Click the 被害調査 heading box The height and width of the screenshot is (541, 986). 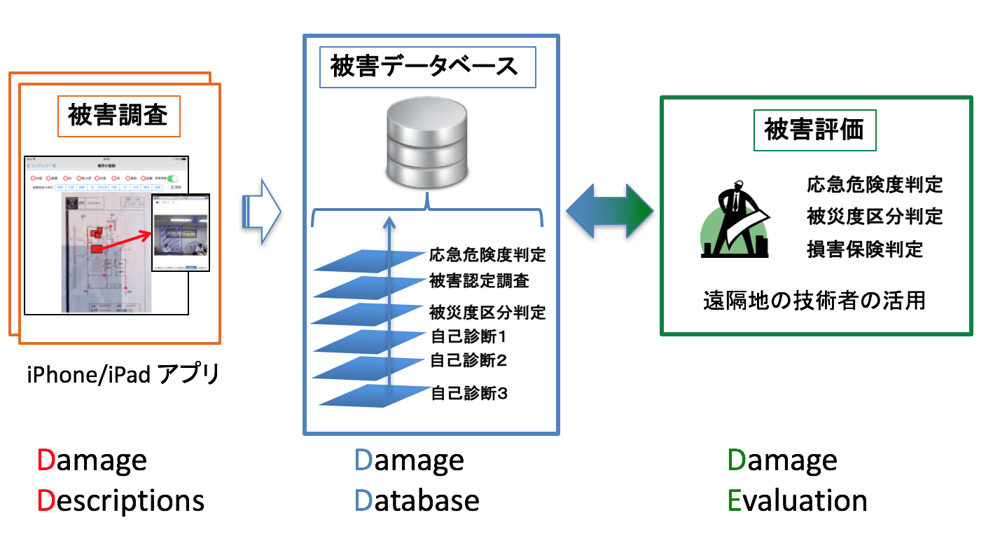[118, 116]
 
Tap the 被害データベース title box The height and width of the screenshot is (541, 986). [427, 67]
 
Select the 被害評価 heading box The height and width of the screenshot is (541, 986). [814, 130]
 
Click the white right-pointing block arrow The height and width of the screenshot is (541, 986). [261, 212]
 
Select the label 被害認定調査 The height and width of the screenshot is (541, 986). [479, 282]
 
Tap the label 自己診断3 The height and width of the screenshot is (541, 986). [468, 393]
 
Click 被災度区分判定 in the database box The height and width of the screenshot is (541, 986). [487, 311]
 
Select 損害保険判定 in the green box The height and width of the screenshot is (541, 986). [864, 249]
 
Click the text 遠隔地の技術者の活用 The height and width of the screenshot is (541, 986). [814, 301]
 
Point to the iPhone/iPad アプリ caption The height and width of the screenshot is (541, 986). [123, 375]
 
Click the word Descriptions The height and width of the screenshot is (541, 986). [120, 500]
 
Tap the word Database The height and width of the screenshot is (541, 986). [417, 500]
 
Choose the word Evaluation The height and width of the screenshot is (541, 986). [798, 500]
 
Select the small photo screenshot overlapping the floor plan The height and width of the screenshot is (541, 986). [181, 232]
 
